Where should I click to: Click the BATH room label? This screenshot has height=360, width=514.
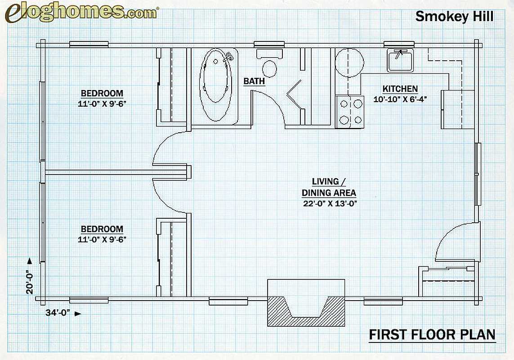point(254,81)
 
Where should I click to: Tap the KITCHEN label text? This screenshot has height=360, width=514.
point(400,89)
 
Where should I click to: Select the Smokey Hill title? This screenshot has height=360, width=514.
point(454,16)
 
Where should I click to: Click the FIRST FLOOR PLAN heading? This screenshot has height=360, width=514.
point(432,334)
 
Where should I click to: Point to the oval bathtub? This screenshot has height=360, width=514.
point(216,85)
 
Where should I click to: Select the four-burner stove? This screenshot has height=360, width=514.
point(350,112)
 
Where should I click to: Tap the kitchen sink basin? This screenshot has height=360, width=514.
point(400,60)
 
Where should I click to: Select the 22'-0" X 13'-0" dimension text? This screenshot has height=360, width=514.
point(330,203)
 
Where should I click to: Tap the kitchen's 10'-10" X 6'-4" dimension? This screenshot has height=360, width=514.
point(400,99)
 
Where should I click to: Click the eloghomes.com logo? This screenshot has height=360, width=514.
point(82,13)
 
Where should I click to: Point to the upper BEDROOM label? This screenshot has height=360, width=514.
point(102,93)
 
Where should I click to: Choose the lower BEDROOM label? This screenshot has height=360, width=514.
point(102,229)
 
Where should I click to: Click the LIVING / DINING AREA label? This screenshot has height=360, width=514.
point(329,187)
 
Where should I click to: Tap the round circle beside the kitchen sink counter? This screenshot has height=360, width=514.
point(350,63)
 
